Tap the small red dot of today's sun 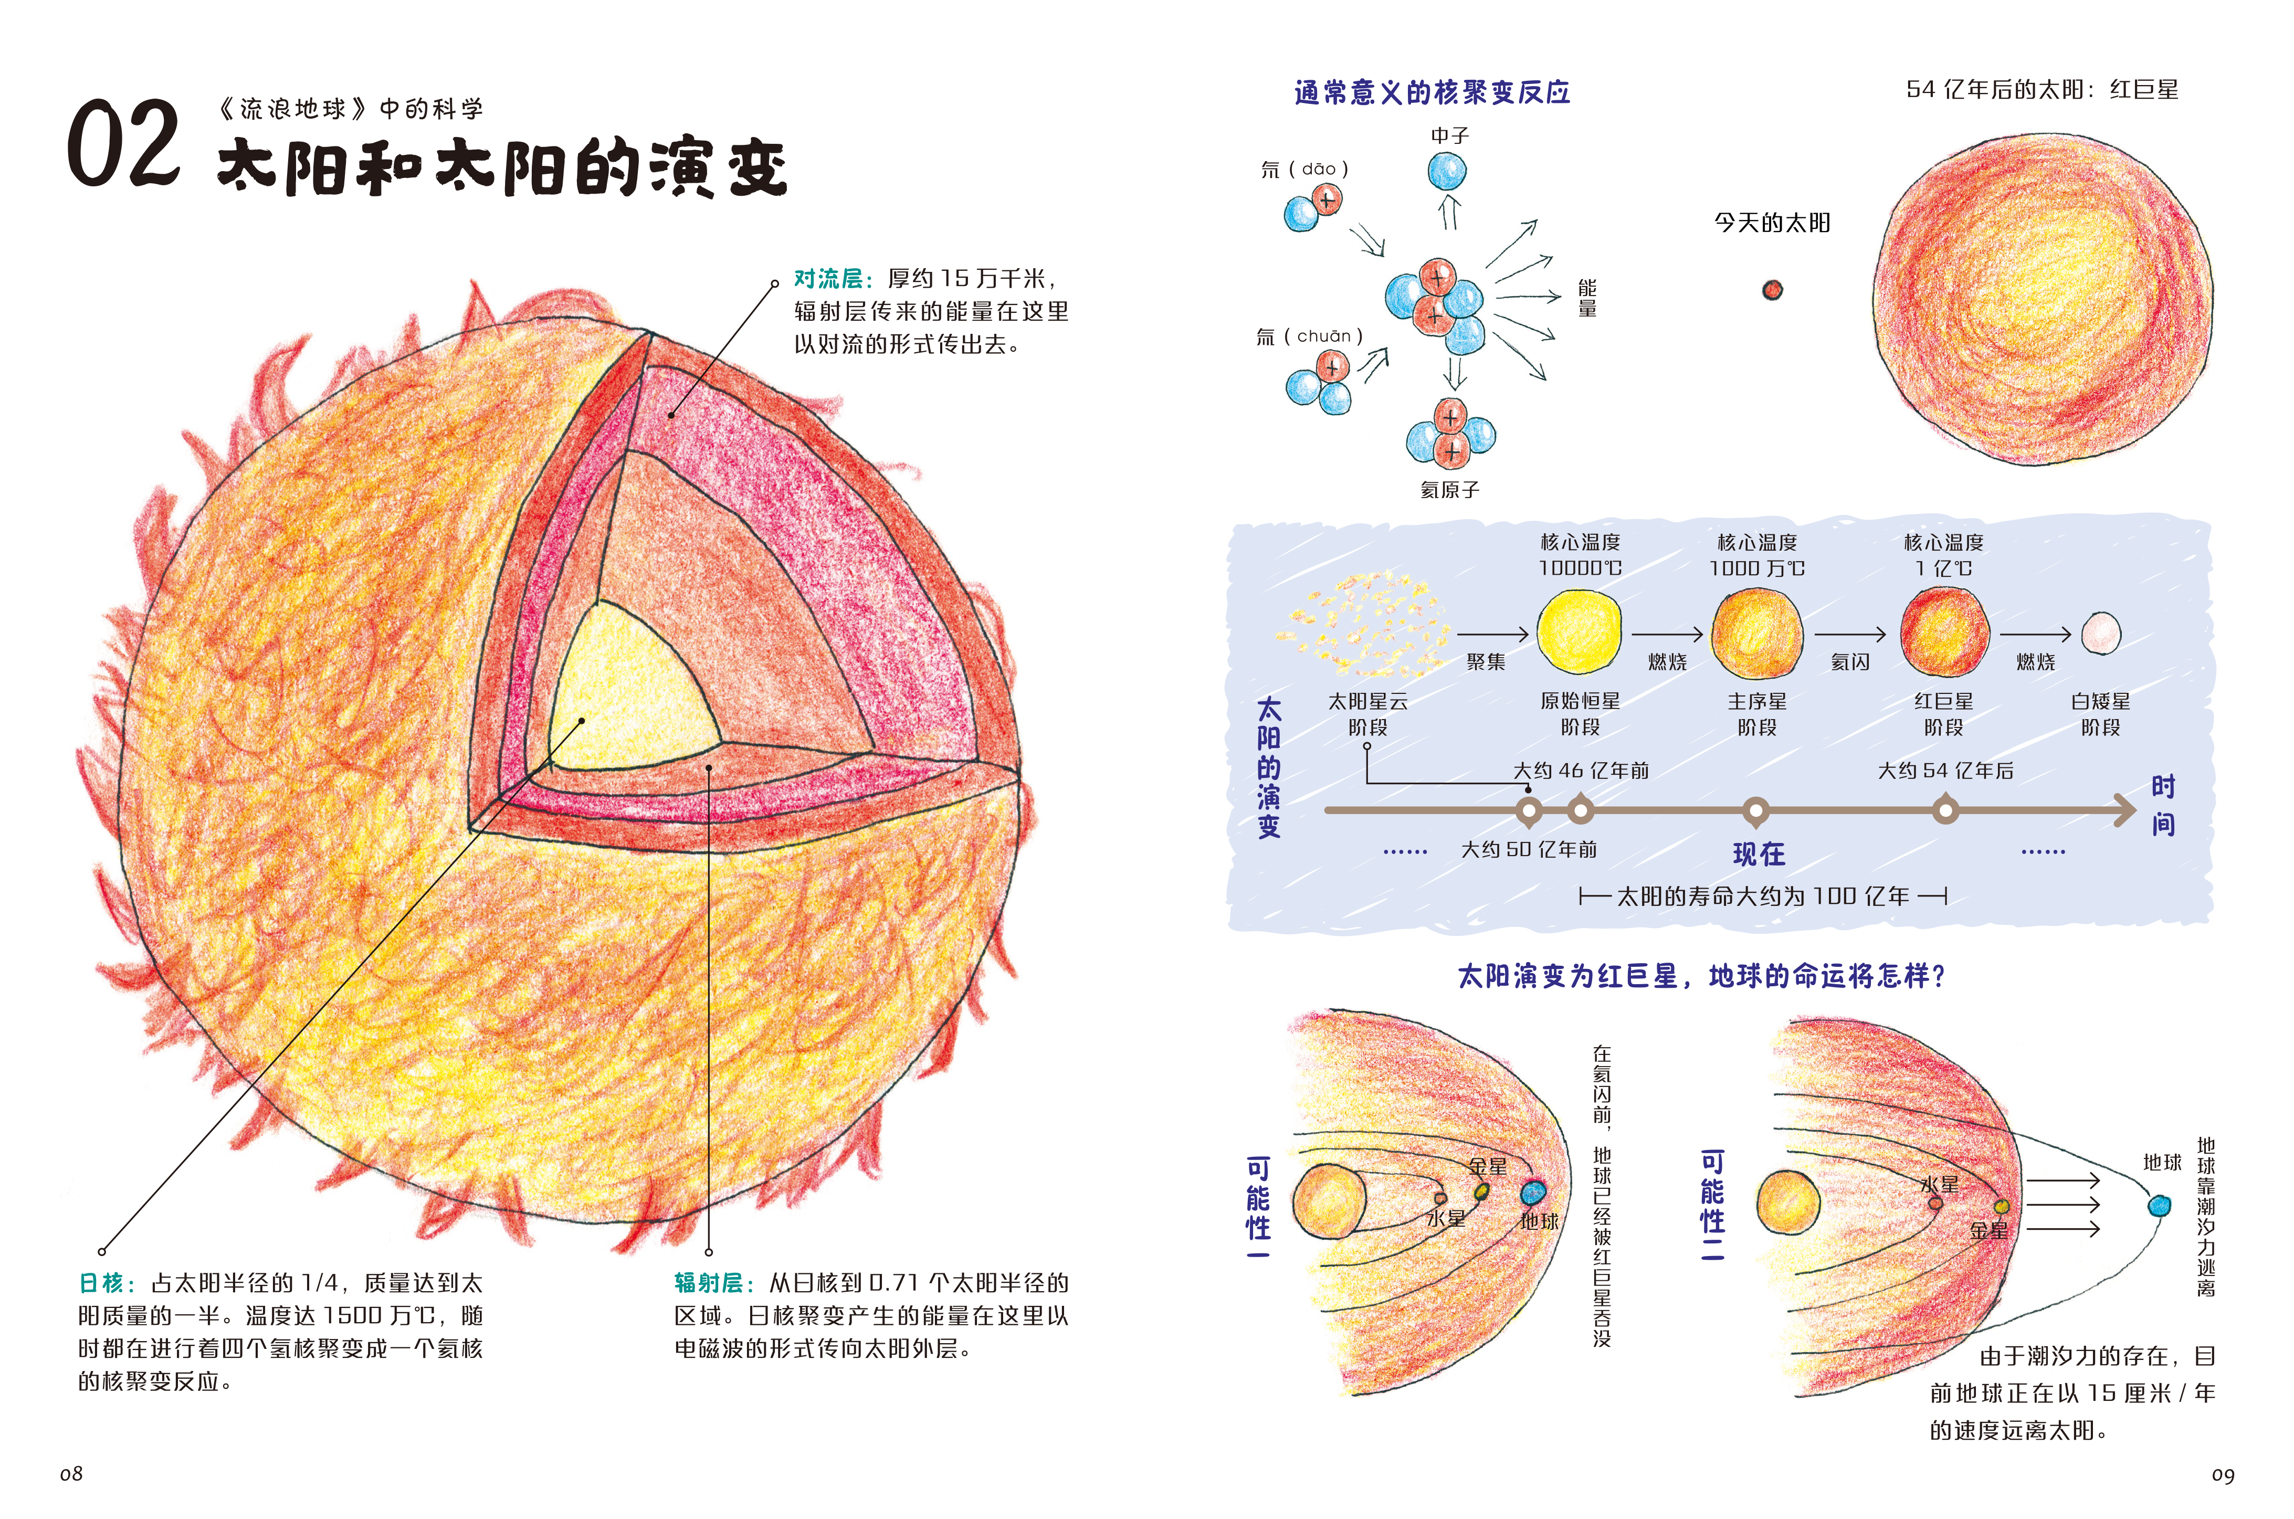pyautogui.click(x=1772, y=290)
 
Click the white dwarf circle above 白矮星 pyautogui.click(x=2100, y=634)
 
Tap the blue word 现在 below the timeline pyautogui.click(x=1758, y=853)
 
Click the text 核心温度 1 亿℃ pyautogui.click(x=1943, y=555)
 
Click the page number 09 pyautogui.click(x=2222, y=1475)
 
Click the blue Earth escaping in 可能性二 pyautogui.click(x=2159, y=1205)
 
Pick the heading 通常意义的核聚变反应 pyautogui.click(x=1432, y=93)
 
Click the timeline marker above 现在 pyautogui.click(x=1755, y=810)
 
